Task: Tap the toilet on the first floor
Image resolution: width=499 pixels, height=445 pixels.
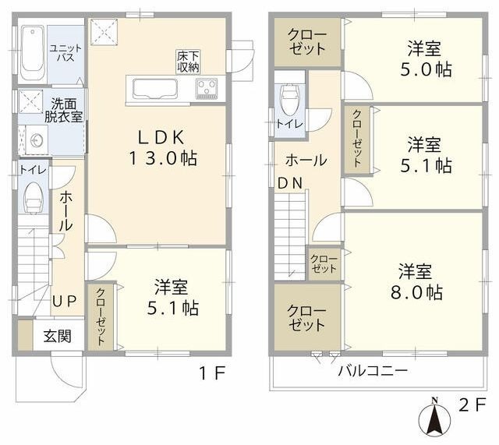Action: point(33,198)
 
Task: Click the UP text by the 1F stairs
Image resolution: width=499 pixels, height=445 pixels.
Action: point(65,301)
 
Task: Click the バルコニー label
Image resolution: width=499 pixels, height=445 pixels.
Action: point(372,370)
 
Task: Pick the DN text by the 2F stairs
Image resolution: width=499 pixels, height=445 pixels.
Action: point(288,184)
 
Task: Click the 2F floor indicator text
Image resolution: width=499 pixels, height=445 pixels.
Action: point(472,405)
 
